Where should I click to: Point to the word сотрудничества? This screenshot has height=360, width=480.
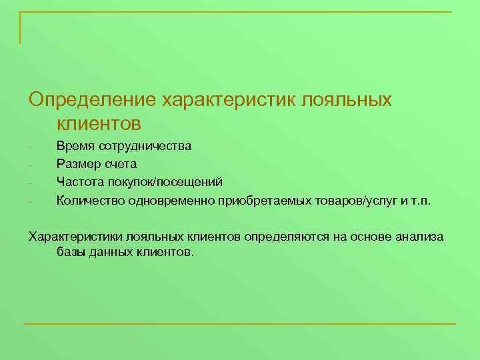pyautogui.click(x=145, y=146)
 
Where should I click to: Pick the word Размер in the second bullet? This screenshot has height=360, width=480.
pyautogui.click(x=78, y=163)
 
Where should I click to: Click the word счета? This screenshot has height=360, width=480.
pyautogui.click(x=121, y=163)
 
